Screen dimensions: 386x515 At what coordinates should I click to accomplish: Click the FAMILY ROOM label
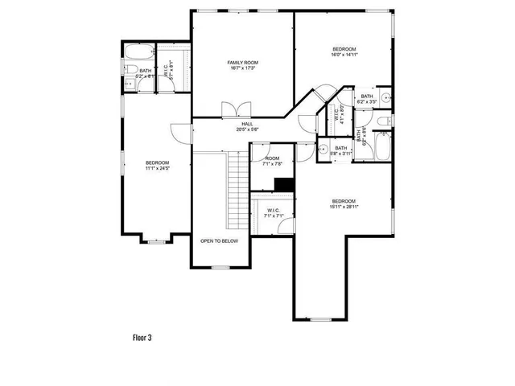(x=242, y=63)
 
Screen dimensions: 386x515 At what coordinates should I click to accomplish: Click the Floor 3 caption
(x=142, y=338)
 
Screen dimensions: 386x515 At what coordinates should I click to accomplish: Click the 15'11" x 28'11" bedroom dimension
(x=344, y=207)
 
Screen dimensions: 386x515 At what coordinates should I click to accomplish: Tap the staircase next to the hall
(x=235, y=179)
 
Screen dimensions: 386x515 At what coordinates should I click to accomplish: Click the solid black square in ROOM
(x=283, y=184)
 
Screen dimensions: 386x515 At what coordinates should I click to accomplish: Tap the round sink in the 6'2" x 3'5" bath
(x=385, y=100)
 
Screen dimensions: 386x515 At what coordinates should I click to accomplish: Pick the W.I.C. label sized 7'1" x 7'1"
(x=272, y=213)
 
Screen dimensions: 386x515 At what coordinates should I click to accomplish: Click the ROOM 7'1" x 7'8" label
(x=272, y=161)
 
